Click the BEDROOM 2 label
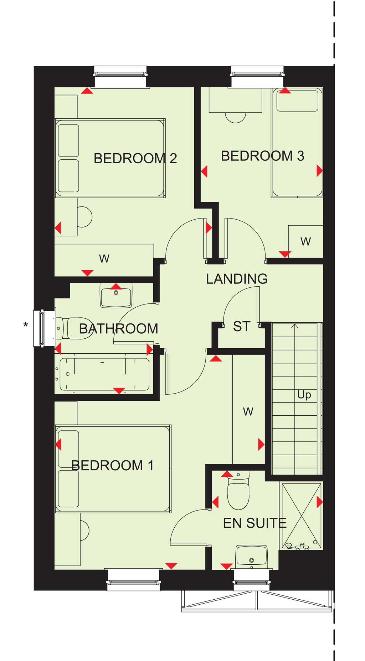click(135, 158)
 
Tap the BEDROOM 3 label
click(263, 156)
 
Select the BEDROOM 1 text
click(113, 465)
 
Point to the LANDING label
click(237, 279)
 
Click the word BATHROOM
click(119, 329)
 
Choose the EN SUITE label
click(255, 523)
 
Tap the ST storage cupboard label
click(242, 326)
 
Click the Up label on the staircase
click(304, 395)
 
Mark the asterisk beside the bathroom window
click(25, 325)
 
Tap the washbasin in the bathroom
click(116, 296)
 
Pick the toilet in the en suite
click(238, 491)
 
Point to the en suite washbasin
click(252, 555)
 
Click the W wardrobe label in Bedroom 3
click(305, 242)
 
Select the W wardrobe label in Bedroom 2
click(104, 258)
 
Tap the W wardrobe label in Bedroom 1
click(248, 412)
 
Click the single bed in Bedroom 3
click(297, 143)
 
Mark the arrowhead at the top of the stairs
click(294, 326)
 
